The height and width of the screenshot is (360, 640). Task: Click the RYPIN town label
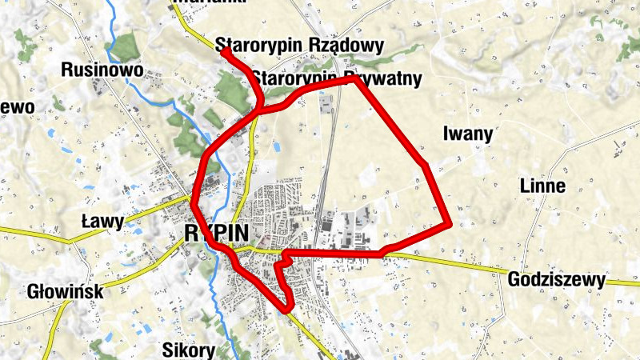click(x=215, y=233)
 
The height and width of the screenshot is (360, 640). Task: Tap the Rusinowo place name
click(x=102, y=70)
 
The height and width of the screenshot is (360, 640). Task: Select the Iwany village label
click(x=467, y=134)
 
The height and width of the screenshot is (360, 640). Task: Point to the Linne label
click(x=542, y=186)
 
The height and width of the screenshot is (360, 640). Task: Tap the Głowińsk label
click(x=64, y=291)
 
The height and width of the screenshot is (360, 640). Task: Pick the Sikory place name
click(x=189, y=350)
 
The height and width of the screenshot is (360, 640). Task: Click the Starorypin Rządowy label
click(x=300, y=46)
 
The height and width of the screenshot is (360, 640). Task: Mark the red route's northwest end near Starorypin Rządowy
click(x=225, y=52)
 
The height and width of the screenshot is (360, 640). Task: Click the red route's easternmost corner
click(x=450, y=225)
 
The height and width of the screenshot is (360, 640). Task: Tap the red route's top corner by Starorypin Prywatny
click(x=354, y=78)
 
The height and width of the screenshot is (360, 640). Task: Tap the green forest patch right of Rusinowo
click(x=126, y=48)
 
